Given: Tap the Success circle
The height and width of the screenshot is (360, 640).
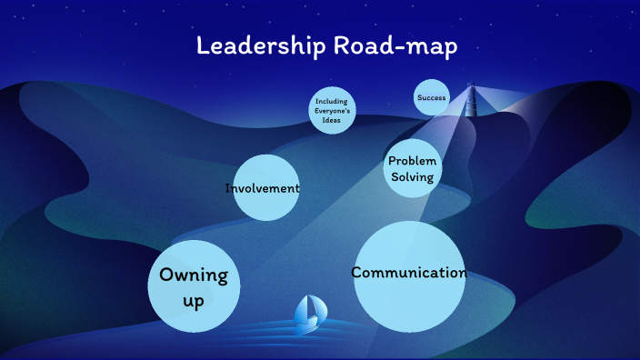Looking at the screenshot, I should click(431, 97).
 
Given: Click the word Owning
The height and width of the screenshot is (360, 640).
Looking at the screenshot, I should click(194, 275).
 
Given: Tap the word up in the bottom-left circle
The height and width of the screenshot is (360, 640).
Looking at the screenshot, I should click(194, 300).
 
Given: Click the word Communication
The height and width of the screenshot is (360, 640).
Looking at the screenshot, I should click(409, 273).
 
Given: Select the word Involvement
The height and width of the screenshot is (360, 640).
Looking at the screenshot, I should click(263, 188).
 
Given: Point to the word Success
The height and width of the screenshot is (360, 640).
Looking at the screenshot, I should click(431, 97).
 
